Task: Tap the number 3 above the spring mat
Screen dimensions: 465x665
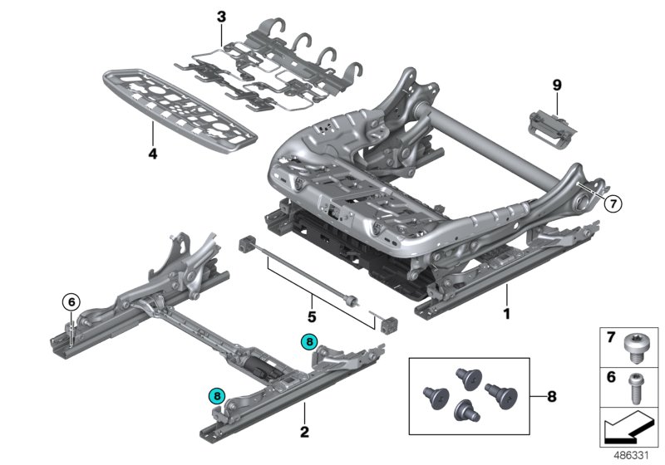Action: tap(220, 17)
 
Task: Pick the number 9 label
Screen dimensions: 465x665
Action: tap(556, 84)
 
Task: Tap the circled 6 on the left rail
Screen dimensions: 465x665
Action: tap(72, 302)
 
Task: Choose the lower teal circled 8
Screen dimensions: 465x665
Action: tap(218, 397)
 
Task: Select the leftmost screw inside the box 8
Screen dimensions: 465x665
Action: tap(432, 394)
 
